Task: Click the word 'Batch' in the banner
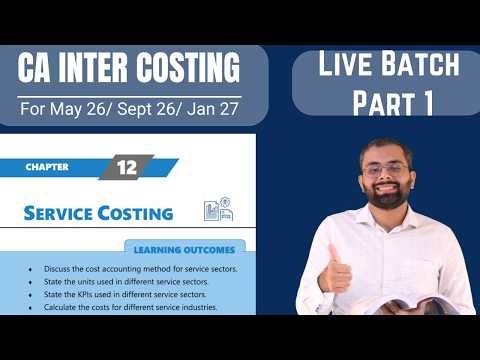coord(421,65)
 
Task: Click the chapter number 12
coord(126,167)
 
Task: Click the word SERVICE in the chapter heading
coord(63,213)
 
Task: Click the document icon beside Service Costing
coord(215,210)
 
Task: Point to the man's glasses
coord(386,171)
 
